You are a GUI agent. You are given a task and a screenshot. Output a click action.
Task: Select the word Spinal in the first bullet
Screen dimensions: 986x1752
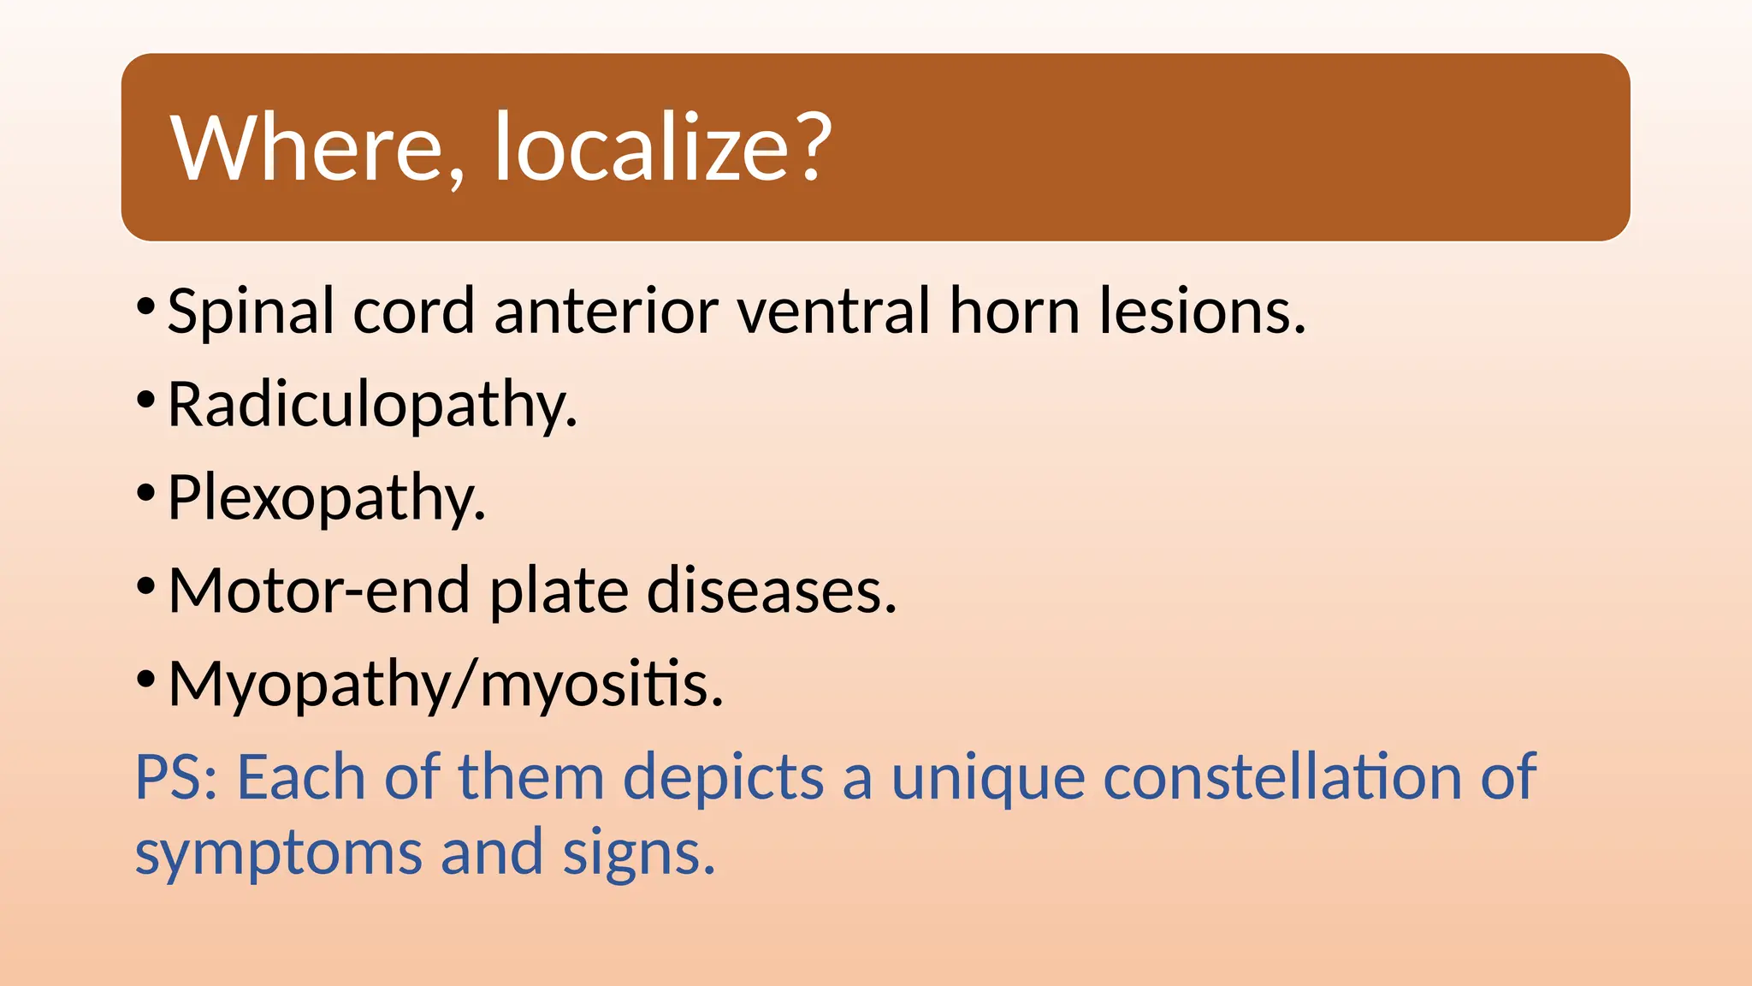tap(250, 312)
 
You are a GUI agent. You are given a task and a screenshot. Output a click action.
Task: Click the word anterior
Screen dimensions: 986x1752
tap(606, 311)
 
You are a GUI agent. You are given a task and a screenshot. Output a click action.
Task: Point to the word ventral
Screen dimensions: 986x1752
tap(832, 311)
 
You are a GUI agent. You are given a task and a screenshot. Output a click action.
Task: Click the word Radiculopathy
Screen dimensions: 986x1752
tap(372, 406)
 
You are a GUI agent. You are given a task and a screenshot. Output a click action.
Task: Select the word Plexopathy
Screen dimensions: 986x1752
tap(326, 498)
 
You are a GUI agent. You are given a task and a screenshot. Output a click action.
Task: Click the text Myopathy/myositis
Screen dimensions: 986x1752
tap(446, 685)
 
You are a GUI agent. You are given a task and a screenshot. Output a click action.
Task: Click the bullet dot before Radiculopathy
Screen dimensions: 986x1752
tap(146, 399)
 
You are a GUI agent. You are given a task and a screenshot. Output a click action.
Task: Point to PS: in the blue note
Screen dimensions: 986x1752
tap(178, 777)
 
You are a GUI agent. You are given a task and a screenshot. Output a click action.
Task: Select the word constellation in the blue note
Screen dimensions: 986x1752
tap(1282, 777)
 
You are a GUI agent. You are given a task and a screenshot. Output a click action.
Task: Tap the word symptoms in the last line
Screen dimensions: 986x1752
tap(279, 854)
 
